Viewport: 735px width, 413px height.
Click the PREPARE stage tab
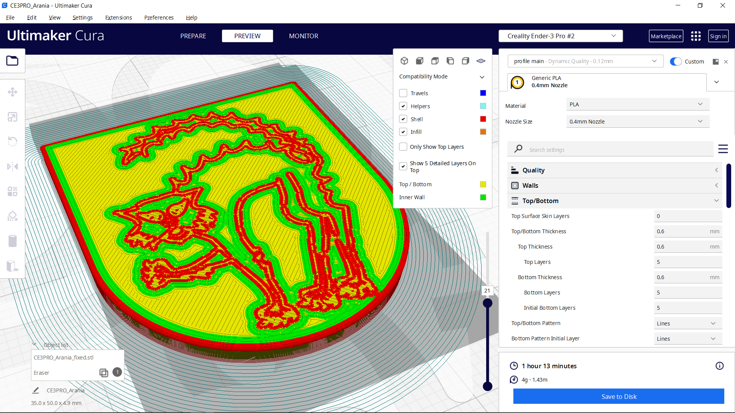(193, 36)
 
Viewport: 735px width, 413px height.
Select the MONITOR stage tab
(304, 36)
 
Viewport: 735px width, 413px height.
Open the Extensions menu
(118, 18)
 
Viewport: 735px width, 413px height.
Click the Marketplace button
(666, 36)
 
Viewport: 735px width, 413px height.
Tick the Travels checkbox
(403, 93)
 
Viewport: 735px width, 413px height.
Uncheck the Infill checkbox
(403, 132)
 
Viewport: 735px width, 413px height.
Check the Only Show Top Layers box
(403, 147)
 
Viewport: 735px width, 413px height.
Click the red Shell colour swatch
(483, 119)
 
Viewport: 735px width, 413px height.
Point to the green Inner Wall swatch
(483, 197)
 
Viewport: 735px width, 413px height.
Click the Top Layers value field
(688, 262)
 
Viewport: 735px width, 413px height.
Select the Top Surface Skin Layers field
(688, 216)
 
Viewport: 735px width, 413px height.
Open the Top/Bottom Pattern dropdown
(688, 324)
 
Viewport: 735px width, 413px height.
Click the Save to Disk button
(619, 397)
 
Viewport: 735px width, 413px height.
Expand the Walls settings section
(614, 185)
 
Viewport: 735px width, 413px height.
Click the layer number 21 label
(487, 291)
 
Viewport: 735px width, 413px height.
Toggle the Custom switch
(676, 62)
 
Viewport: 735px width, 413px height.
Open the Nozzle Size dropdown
(637, 122)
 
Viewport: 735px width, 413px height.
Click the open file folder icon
(12, 61)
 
